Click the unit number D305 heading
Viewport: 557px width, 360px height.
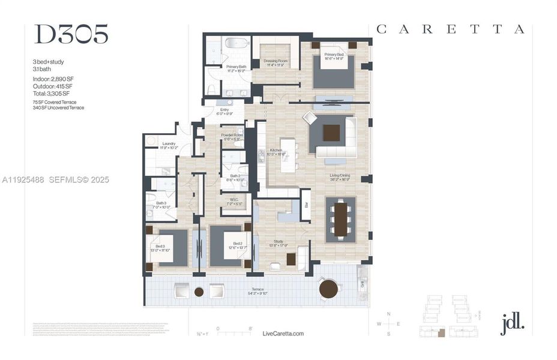coord(71,35)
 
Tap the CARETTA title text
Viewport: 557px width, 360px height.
coord(450,29)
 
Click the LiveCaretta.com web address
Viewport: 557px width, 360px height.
coord(283,334)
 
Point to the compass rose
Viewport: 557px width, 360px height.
coord(388,324)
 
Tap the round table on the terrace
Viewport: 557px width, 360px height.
coord(328,289)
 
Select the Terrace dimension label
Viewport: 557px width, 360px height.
coord(257,292)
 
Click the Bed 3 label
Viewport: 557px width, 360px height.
coord(160,247)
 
